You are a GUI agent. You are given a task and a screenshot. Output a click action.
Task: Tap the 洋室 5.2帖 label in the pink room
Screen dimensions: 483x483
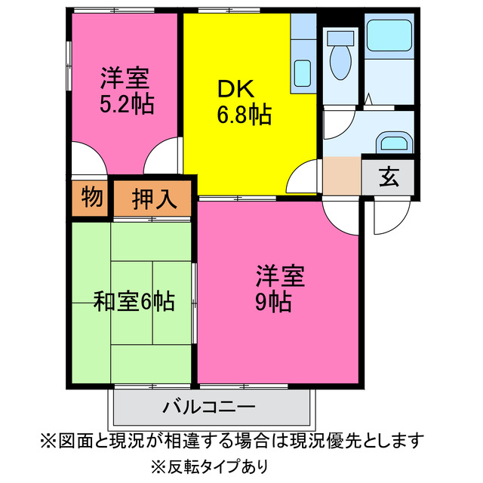(x=127, y=91)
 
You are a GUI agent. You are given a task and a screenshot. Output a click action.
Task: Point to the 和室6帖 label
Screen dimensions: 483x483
(x=134, y=301)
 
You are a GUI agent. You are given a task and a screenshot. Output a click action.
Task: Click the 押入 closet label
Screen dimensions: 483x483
(x=154, y=199)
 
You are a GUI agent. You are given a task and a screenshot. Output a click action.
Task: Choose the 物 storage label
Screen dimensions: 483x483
(x=91, y=198)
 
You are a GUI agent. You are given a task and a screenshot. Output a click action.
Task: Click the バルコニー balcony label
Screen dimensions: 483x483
(x=209, y=407)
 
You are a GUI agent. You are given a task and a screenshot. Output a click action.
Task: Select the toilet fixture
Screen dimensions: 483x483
(x=341, y=57)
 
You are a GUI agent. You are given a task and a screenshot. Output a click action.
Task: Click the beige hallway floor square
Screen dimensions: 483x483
(x=341, y=175)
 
